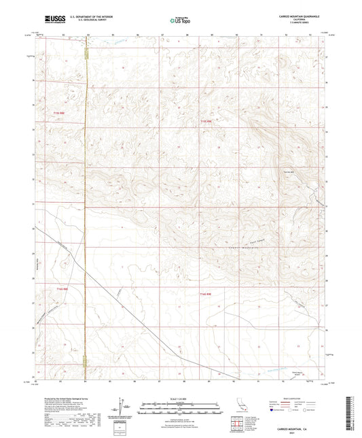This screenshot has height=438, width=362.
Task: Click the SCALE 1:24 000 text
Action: pos(181,398)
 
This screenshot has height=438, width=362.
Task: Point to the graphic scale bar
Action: pos(181,404)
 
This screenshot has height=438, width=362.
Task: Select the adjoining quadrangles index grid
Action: pos(236,426)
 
